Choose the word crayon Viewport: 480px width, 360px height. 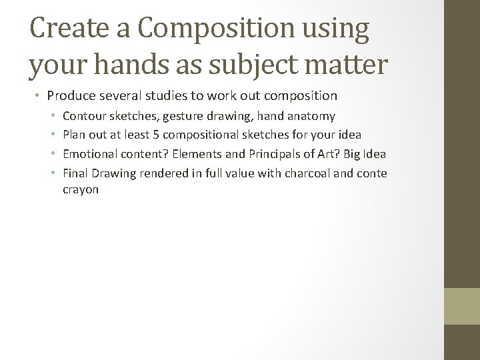[81, 190]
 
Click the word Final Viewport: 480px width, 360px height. [75, 173]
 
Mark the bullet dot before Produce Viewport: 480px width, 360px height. [38, 97]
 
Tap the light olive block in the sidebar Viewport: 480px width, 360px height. [462, 306]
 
